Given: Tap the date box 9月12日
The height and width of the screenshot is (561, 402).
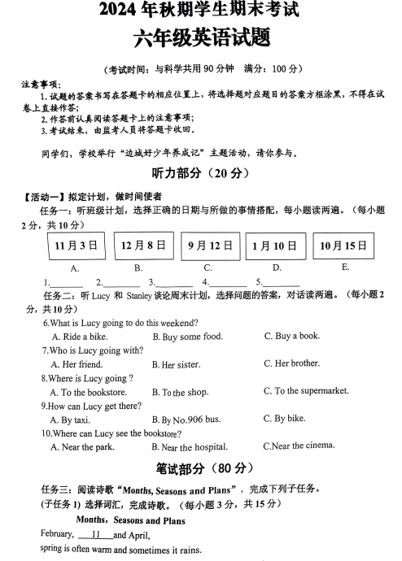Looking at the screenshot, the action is pos(208,246).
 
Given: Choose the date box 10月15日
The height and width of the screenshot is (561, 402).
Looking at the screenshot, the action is pos(343,246).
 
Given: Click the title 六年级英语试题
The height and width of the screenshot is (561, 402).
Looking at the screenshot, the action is pos(200,39).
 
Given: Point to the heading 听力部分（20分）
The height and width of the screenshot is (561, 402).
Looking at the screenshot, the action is pos(200,174).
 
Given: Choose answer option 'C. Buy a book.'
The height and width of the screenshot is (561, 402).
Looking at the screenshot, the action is pos(291,336).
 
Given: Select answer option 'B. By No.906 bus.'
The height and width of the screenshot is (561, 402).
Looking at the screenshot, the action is pos(191,420).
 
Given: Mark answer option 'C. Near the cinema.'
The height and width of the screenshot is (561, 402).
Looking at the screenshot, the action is pos(299,446).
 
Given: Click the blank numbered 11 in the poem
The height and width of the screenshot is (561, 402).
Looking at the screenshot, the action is pos(96,535).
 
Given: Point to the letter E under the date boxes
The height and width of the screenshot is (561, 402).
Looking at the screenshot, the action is pos(345,267).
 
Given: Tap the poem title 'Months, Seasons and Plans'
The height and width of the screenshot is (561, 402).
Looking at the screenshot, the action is pos(131,520).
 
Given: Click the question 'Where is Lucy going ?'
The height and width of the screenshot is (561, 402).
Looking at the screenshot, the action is pos(87,378).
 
